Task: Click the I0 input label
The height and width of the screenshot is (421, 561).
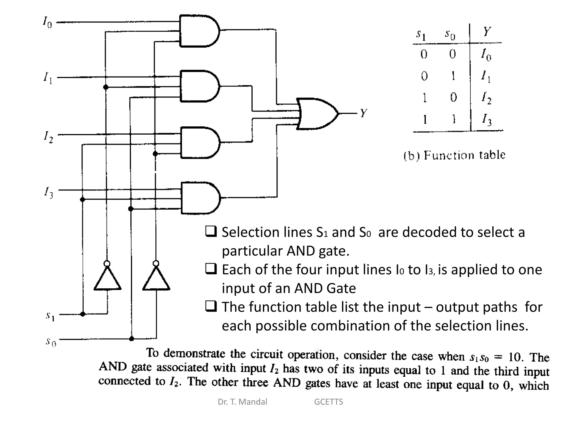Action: (x=47, y=22)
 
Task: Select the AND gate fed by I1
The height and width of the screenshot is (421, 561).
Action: (x=199, y=86)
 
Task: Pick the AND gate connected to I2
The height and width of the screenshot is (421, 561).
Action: (x=199, y=143)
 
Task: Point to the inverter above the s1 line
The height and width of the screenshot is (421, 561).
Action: (x=107, y=278)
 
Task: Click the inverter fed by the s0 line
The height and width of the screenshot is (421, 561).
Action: (x=156, y=278)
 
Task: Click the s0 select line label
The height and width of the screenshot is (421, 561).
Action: (x=51, y=342)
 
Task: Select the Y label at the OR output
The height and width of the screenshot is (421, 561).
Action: (x=363, y=113)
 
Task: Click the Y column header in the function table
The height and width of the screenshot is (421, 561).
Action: (x=487, y=32)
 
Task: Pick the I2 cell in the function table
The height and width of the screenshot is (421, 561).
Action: (x=486, y=98)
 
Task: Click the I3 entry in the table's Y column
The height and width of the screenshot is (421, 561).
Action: (x=487, y=119)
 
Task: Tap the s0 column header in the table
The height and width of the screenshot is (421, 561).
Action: (x=450, y=35)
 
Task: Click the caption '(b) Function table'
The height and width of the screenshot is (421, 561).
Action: (x=454, y=155)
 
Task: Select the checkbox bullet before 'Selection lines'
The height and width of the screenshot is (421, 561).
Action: (x=211, y=231)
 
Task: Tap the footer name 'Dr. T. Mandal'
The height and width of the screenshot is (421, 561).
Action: (x=242, y=402)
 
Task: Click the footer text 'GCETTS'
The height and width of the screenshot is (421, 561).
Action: (x=328, y=402)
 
